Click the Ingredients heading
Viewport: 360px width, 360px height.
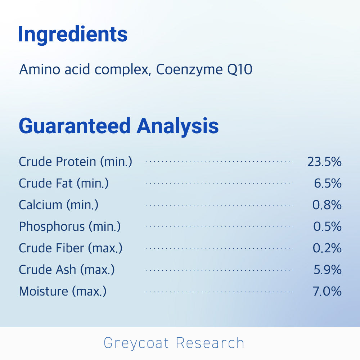coord(73,35)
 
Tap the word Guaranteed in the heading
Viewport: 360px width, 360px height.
coord(75,126)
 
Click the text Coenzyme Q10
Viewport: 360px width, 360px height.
coord(204,69)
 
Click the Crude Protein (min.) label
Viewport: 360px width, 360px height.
coord(76,162)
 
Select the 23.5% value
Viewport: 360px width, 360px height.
coord(324,162)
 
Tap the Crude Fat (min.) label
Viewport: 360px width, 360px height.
coord(64,184)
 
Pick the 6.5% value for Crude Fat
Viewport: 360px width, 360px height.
coord(328,183)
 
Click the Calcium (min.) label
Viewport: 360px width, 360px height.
coord(59,205)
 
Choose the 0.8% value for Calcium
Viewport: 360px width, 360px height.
coord(327,205)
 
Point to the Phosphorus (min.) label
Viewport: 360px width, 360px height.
coord(70,226)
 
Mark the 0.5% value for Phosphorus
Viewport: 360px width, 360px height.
coord(327,226)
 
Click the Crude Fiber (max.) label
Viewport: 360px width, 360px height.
coord(71,248)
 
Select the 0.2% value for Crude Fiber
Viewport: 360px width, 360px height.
coord(327,248)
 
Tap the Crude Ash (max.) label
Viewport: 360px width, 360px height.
coord(67,270)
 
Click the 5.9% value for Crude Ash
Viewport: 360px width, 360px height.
coord(328,270)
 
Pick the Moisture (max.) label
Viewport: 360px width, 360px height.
coord(63,291)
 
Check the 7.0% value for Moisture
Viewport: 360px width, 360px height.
coord(327,291)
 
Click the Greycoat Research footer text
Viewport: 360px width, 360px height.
coord(174,343)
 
